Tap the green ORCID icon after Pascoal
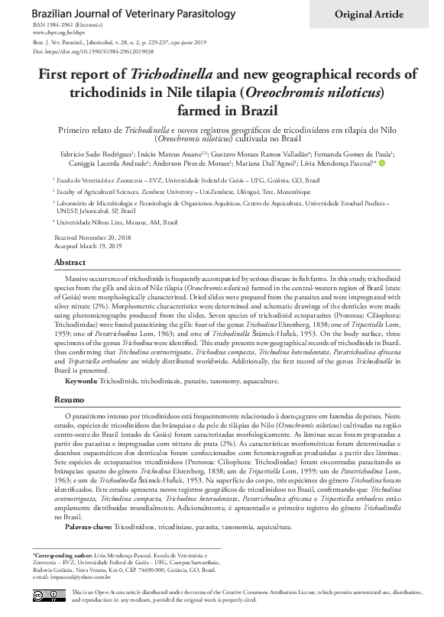[382, 183]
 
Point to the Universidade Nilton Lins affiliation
[116, 222]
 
